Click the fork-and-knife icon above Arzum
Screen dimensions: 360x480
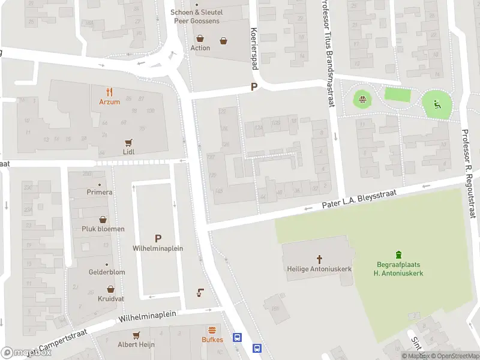tap(109, 92)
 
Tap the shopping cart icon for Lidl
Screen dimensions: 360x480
tap(128, 143)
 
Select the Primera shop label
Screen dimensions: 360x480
tap(99, 192)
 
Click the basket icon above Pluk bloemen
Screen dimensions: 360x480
tap(103, 220)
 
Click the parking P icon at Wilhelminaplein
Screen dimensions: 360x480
tap(158, 238)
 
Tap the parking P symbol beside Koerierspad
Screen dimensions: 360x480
tap(254, 87)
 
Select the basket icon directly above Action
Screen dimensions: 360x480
tap(200, 38)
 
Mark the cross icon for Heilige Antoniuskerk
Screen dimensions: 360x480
tap(319, 259)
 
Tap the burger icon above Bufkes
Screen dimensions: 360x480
tap(212, 330)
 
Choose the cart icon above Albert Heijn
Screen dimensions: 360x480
tap(136, 335)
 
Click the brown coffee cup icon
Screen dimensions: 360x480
tap(200, 293)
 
